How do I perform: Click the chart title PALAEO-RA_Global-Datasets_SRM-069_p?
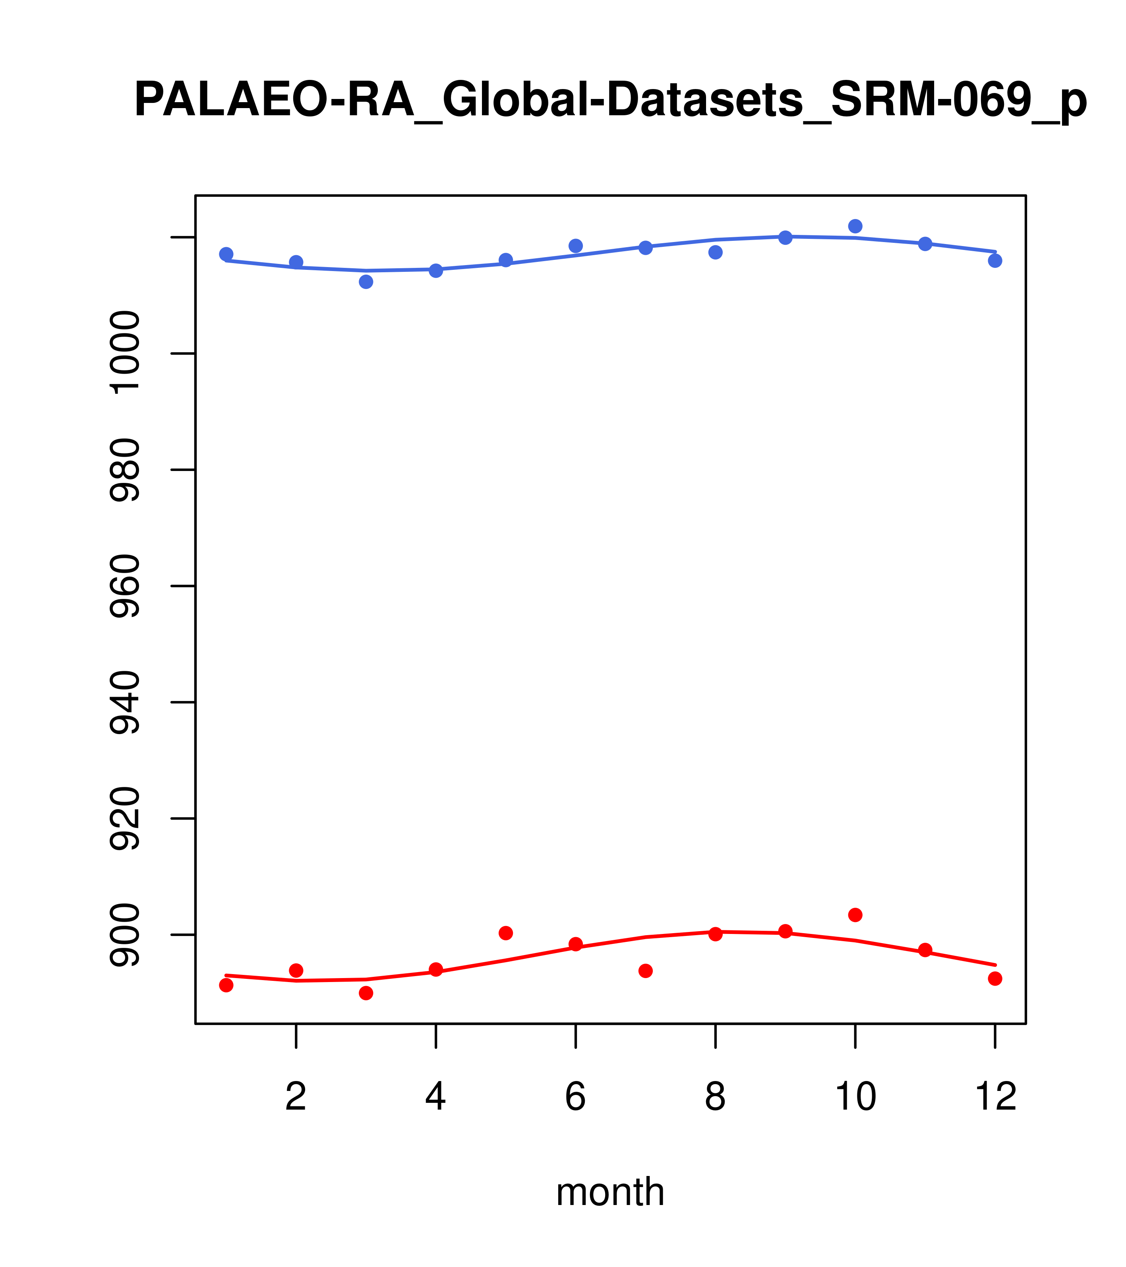tap(610, 101)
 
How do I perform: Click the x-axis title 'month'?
tap(610, 1192)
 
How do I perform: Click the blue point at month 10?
tap(855, 226)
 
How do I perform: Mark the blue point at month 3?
tap(366, 282)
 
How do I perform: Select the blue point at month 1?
tap(226, 254)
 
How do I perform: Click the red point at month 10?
tap(855, 915)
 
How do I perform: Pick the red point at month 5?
tap(506, 933)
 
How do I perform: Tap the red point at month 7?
tap(646, 971)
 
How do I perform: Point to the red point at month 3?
tap(366, 993)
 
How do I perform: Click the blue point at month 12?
tap(995, 261)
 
